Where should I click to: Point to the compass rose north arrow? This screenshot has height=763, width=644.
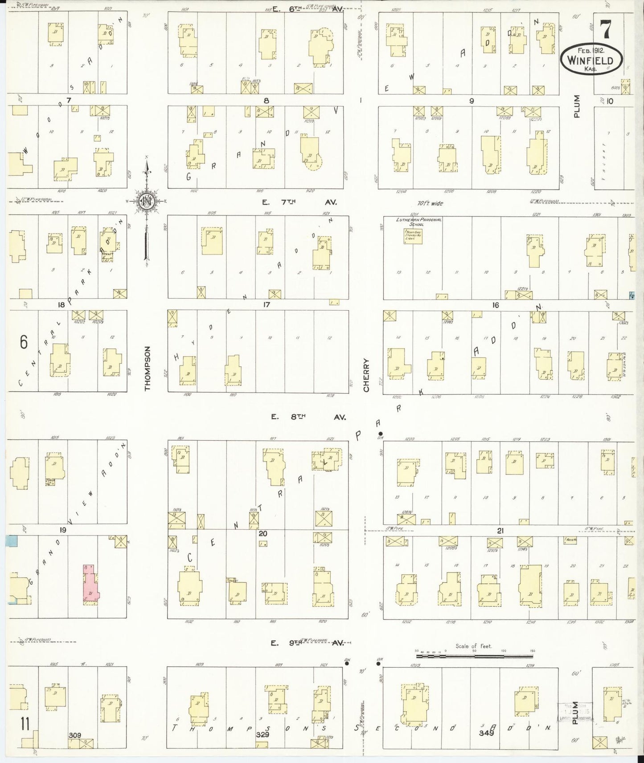pyautogui.click(x=147, y=201)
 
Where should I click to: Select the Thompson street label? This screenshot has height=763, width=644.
pyautogui.click(x=148, y=369)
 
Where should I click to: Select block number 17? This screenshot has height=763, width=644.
pyautogui.click(x=267, y=305)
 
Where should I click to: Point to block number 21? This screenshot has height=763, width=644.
pyautogui.click(x=500, y=531)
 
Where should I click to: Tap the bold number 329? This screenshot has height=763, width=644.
pyautogui.click(x=263, y=735)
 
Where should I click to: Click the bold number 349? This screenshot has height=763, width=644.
pyautogui.click(x=487, y=732)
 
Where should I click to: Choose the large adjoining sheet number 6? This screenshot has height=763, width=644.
pyautogui.click(x=24, y=342)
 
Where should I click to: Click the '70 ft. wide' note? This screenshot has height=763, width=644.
pyautogui.click(x=431, y=203)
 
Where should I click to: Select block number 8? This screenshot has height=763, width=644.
pyautogui.click(x=266, y=101)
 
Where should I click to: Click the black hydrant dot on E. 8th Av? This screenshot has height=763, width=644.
pyautogui.click(x=380, y=434)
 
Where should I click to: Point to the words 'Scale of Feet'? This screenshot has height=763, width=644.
pyautogui.click(x=474, y=646)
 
